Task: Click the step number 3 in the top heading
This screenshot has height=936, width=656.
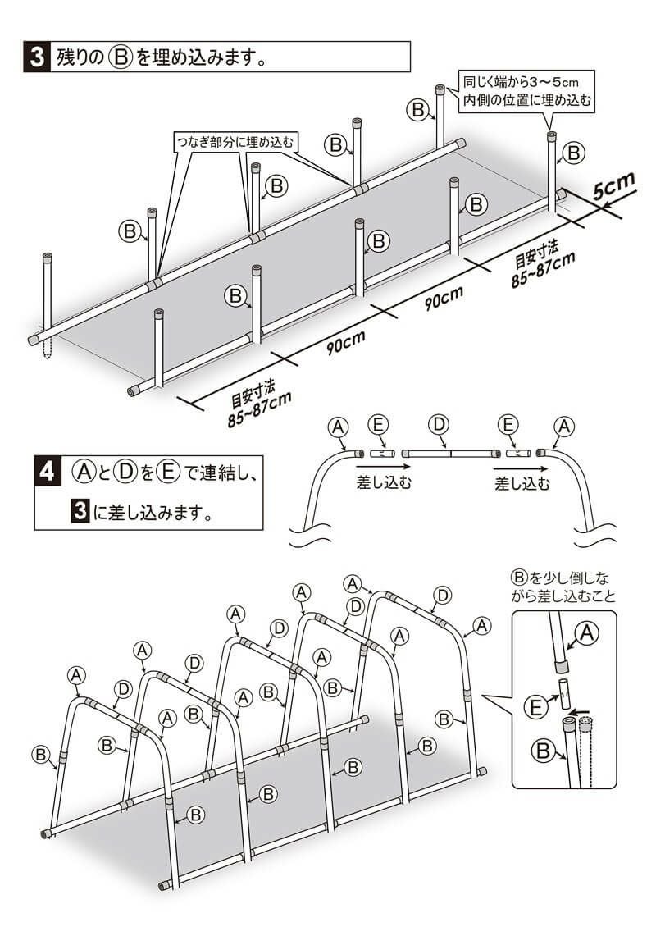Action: (36, 58)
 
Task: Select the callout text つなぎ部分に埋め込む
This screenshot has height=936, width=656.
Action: (235, 141)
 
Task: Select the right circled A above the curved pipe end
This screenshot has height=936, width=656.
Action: (563, 426)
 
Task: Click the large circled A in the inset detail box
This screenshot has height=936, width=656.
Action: (586, 632)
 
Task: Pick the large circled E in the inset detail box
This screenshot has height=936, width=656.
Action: (535, 705)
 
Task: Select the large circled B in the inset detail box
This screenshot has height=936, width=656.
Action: (542, 750)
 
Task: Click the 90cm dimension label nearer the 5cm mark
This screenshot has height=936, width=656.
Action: (444, 299)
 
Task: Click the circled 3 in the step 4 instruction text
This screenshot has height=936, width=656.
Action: (80, 513)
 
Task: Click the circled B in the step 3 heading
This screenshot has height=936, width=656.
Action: (121, 59)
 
